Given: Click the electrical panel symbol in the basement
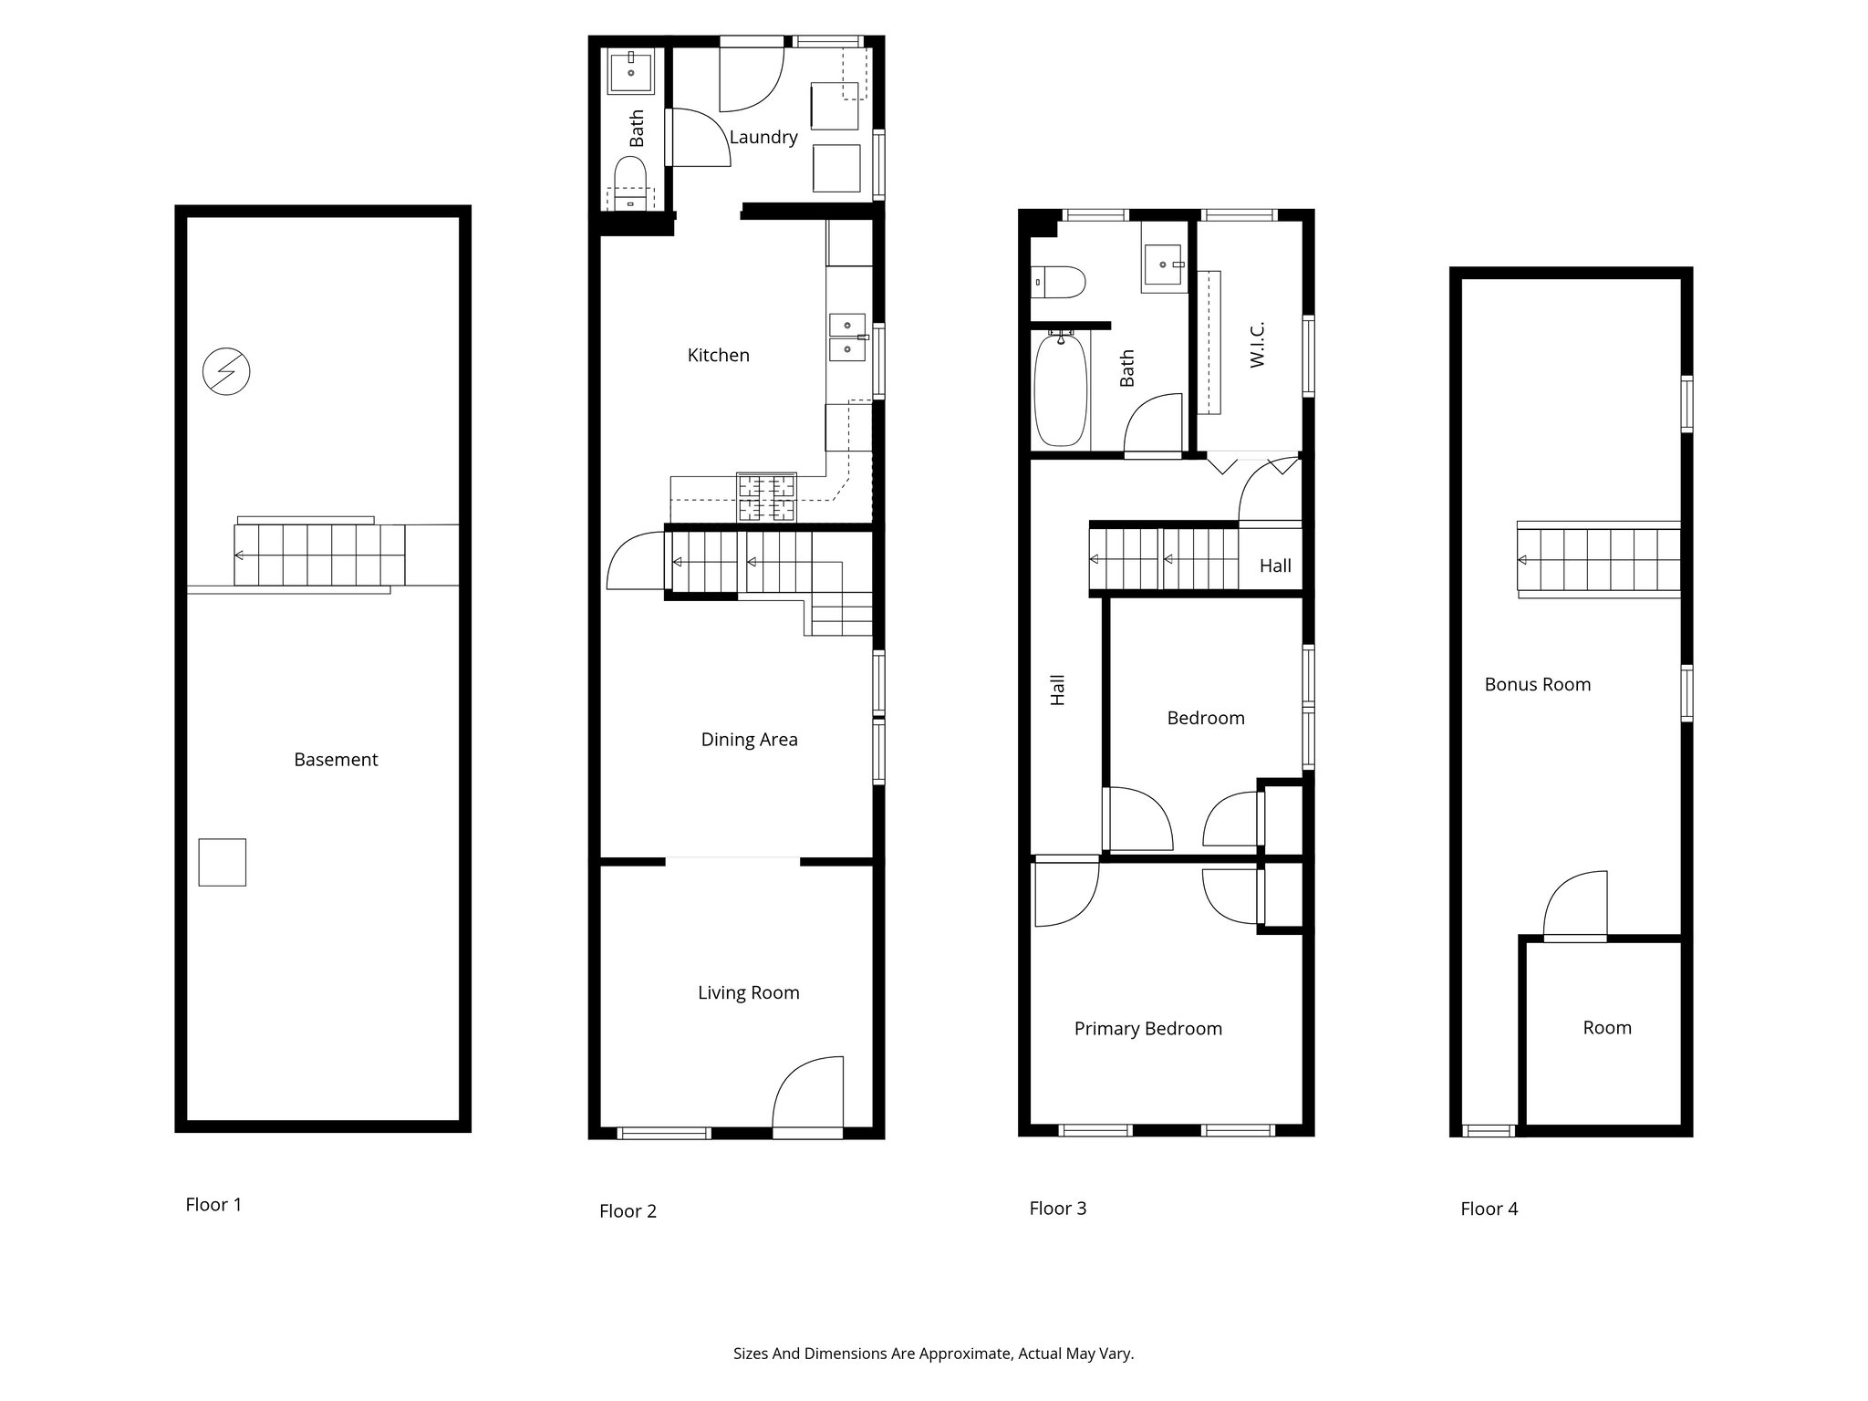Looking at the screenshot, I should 226,371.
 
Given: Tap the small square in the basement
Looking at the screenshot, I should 223,862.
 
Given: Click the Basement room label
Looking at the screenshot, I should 336,760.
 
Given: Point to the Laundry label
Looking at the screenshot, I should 763,137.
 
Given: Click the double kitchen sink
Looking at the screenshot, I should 847,337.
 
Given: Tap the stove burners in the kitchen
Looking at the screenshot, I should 766,497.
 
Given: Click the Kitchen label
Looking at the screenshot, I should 718,356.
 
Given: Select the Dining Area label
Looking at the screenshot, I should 749,740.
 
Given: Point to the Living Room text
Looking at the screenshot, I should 748,993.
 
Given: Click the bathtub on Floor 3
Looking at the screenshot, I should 1060,389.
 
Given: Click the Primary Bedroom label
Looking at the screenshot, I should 1147,1029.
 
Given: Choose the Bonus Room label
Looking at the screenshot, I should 1537,685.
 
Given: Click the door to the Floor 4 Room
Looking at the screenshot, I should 1575,905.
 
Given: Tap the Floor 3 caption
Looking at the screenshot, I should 1057,1209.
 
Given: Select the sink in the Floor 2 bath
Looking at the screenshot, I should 631,72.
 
